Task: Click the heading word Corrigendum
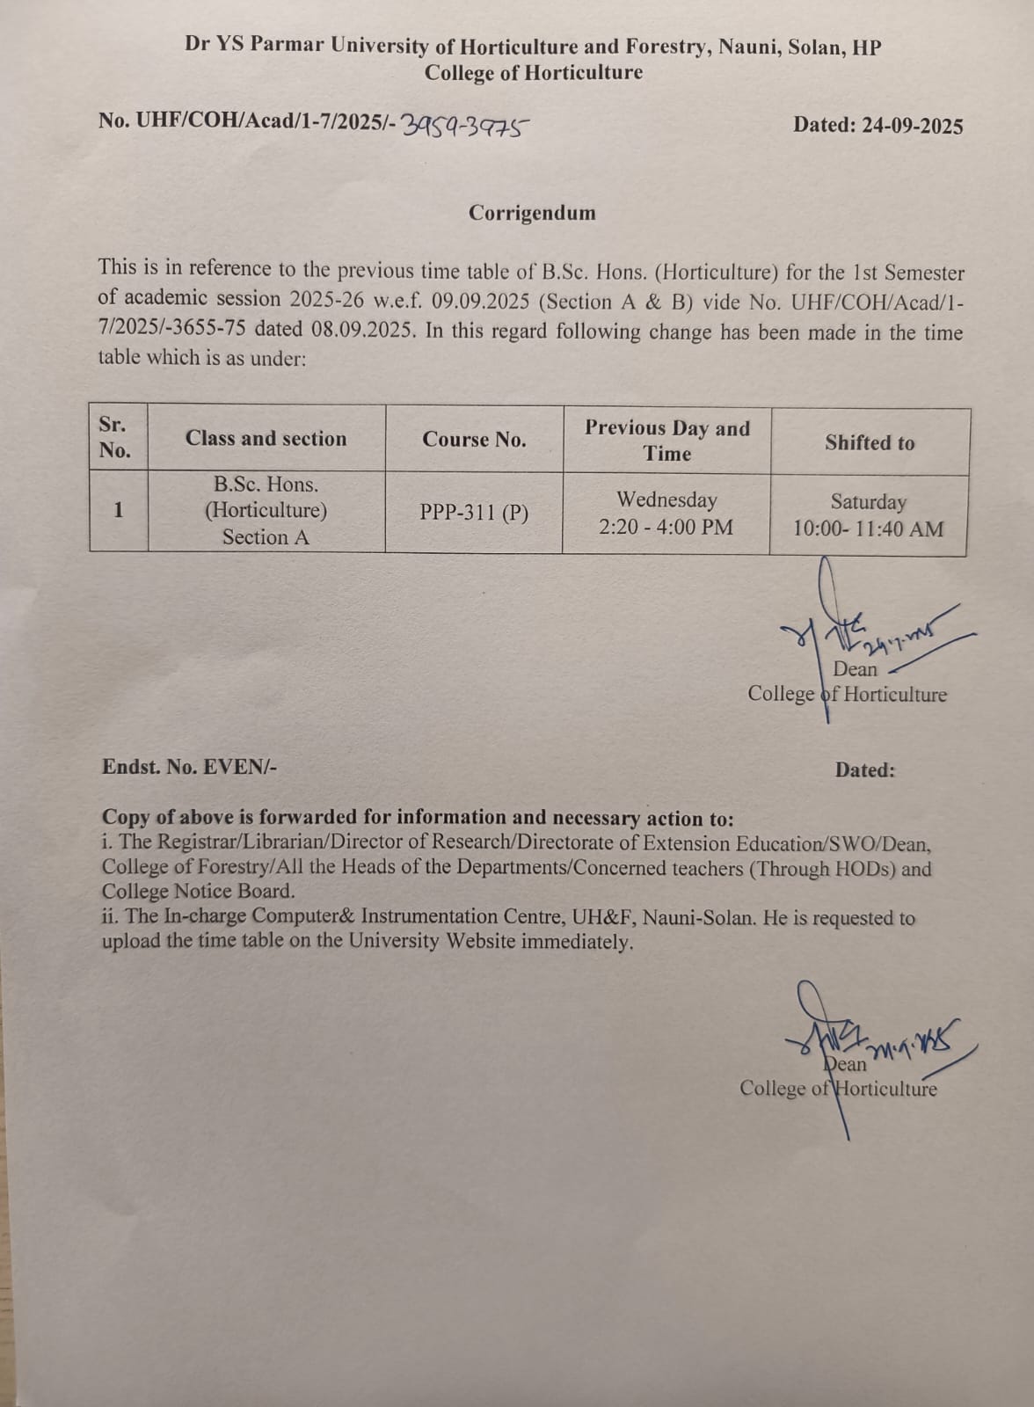tap(531, 213)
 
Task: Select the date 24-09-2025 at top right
tap(912, 126)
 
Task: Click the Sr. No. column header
tap(114, 437)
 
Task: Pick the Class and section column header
tap(266, 439)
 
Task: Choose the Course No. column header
tap(474, 440)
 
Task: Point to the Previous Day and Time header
tap(667, 441)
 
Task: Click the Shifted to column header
tap(870, 443)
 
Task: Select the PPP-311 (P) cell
tap(474, 512)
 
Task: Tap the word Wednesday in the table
tap(666, 499)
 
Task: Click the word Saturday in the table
tap(868, 502)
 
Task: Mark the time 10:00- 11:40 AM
tap(868, 529)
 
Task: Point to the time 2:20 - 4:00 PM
tap(666, 528)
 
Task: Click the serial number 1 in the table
tap(118, 510)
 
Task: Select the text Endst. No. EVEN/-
tap(189, 767)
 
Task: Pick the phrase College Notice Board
tap(198, 891)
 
